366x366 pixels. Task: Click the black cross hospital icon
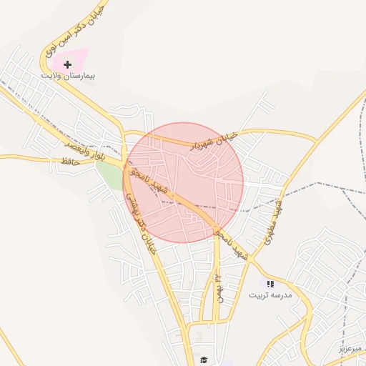coord(68,64)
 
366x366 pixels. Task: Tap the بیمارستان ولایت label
coord(69,75)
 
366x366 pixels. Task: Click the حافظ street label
coord(69,163)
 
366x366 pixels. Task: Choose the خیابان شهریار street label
coord(212,139)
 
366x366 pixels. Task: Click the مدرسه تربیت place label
coord(269,295)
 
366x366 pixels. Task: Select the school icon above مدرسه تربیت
coord(270,284)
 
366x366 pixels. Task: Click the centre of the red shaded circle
coord(184,182)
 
